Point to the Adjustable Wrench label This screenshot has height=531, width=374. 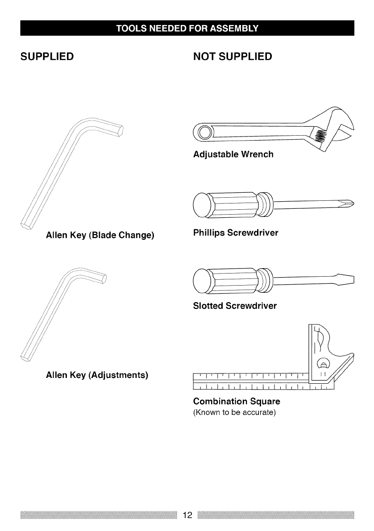pos(233,155)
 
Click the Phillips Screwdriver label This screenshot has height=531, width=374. pos(236,233)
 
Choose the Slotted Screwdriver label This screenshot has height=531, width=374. pos(235,306)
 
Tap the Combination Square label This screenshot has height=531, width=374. pos(237,401)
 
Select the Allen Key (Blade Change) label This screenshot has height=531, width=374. pos(100,235)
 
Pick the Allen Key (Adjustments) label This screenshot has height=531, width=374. pos(97,375)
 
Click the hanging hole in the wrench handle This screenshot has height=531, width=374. pos(204,132)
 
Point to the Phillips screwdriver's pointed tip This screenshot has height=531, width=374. pos(352,203)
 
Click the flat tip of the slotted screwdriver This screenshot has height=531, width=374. pos(353,279)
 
